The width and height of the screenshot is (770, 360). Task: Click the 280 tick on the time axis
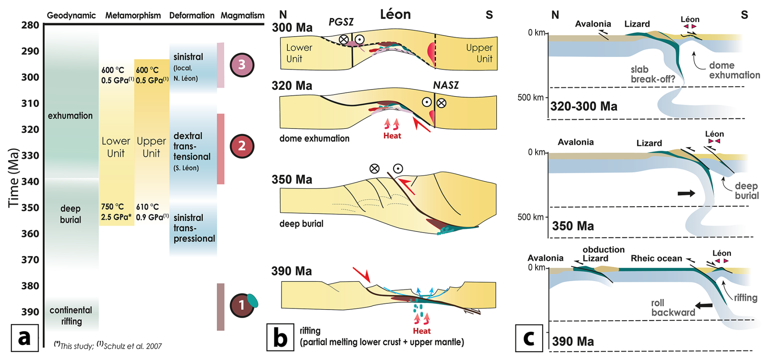pyautogui.click(x=30, y=25)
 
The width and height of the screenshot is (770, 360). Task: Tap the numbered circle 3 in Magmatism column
pyautogui.click(x=242, y=65)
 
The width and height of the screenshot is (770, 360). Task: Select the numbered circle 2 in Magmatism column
pyautogui.click(x=242, y=146)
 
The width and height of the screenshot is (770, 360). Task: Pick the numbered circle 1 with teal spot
pyautogui.click(x=242, y=305)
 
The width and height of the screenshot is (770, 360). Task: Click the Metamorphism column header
pyautogui.click(x=133, y=15)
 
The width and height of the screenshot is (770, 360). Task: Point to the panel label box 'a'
pyautogui.click(x=24, y=338)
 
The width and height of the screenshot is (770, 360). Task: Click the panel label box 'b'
pyautogui.click(x=280, y=337)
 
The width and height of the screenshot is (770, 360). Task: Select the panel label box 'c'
pyautogui.click(x=529, y=338)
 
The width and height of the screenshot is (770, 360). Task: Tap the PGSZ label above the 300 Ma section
pyautogui.click(x=341, y=22)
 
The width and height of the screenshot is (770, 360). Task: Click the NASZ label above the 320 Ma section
pyautogui.click(x=446, y=85)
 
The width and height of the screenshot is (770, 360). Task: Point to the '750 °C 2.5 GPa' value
pyautogui.click(x=116, y=212)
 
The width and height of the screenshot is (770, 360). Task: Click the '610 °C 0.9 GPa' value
pyautogui.click(x=152, y=212)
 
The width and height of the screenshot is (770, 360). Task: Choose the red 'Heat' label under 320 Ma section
pyautogui.click(x=392, y=136)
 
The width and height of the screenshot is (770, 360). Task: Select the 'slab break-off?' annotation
pyautogui.click(x=652, y=74)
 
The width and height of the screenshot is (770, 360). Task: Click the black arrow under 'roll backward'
pyautogui.click(x=704, y=305)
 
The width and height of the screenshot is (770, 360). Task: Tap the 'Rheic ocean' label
pyautogui.click(x=656, y=258)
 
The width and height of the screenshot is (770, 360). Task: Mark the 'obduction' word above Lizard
pyautogui.click(x=603, y=250)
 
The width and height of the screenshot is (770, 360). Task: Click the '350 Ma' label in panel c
pyautogui.click(x=573, y=226)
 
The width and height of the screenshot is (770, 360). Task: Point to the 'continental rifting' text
pyautogui.click(x=71, y=316)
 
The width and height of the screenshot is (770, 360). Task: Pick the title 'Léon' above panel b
pyautogui.click(x=395, y=15)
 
